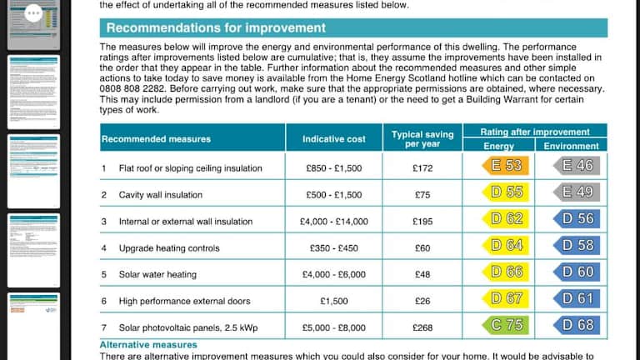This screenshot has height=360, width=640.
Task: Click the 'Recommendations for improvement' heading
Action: (x=216, y=28)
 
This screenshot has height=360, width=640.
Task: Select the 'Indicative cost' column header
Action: (x=334, y=138)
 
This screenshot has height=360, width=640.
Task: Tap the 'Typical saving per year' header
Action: (x=422, y=138)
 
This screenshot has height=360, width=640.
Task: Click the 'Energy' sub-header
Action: (x=499, y=146)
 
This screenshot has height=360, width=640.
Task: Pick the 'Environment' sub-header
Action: (x=571, y=146)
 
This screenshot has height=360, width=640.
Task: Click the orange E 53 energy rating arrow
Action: (x=506, y=166)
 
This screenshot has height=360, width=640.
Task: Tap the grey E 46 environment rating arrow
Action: (x=577, y=166)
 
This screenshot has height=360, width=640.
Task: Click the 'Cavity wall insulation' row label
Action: (x=162, y=195)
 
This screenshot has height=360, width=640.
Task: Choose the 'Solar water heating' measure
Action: (x=157, y=275)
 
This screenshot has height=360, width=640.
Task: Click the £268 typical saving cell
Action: (x=422, y=327)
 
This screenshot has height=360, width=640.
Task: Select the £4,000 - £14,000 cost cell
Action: (x=334, y=222)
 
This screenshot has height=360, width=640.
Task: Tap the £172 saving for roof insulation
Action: (x=422, y=168)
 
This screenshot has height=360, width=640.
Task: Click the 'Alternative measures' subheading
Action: (x=148, y=344)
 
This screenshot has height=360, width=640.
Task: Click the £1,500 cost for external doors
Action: (x=334, y=302)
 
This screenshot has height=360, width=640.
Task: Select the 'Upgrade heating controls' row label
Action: (x=169, y=248)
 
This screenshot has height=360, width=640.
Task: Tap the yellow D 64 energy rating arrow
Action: (x=506, y=246)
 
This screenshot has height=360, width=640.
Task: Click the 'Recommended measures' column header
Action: (x=156, y=138)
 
